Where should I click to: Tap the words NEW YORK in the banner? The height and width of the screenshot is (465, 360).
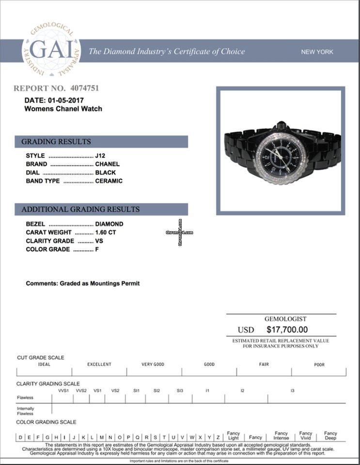tap(317, 52)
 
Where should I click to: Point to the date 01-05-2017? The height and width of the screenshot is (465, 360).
tap(66, 100)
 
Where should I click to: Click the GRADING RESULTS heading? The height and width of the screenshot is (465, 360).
tap(56, 141)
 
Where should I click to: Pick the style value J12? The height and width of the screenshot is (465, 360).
tap(100, 155)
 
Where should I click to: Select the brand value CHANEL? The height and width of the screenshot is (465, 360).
tap(107, 164)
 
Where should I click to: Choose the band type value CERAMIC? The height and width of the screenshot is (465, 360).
tap(109, 181)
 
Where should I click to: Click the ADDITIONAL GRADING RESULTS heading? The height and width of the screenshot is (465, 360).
tap(80, 209)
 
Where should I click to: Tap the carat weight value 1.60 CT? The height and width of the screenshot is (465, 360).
tap(106, 232)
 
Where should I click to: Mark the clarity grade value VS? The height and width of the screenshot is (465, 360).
tap(99, 241)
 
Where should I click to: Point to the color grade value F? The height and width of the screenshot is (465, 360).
tap(97, 249)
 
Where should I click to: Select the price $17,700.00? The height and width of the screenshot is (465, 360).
tap(287, 329)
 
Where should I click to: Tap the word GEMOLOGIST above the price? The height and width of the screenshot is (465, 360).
tap(285, 319)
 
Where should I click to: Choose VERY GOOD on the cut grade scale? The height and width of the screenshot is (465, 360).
tap(153, 364)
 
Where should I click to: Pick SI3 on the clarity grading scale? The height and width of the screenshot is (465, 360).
tap(180, 390)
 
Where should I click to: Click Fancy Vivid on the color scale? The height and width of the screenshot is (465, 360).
tap(305, 435)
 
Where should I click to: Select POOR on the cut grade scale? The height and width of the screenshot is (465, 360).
tap(319, 364)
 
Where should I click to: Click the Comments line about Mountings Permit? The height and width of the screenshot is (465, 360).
tap(82, 283)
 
